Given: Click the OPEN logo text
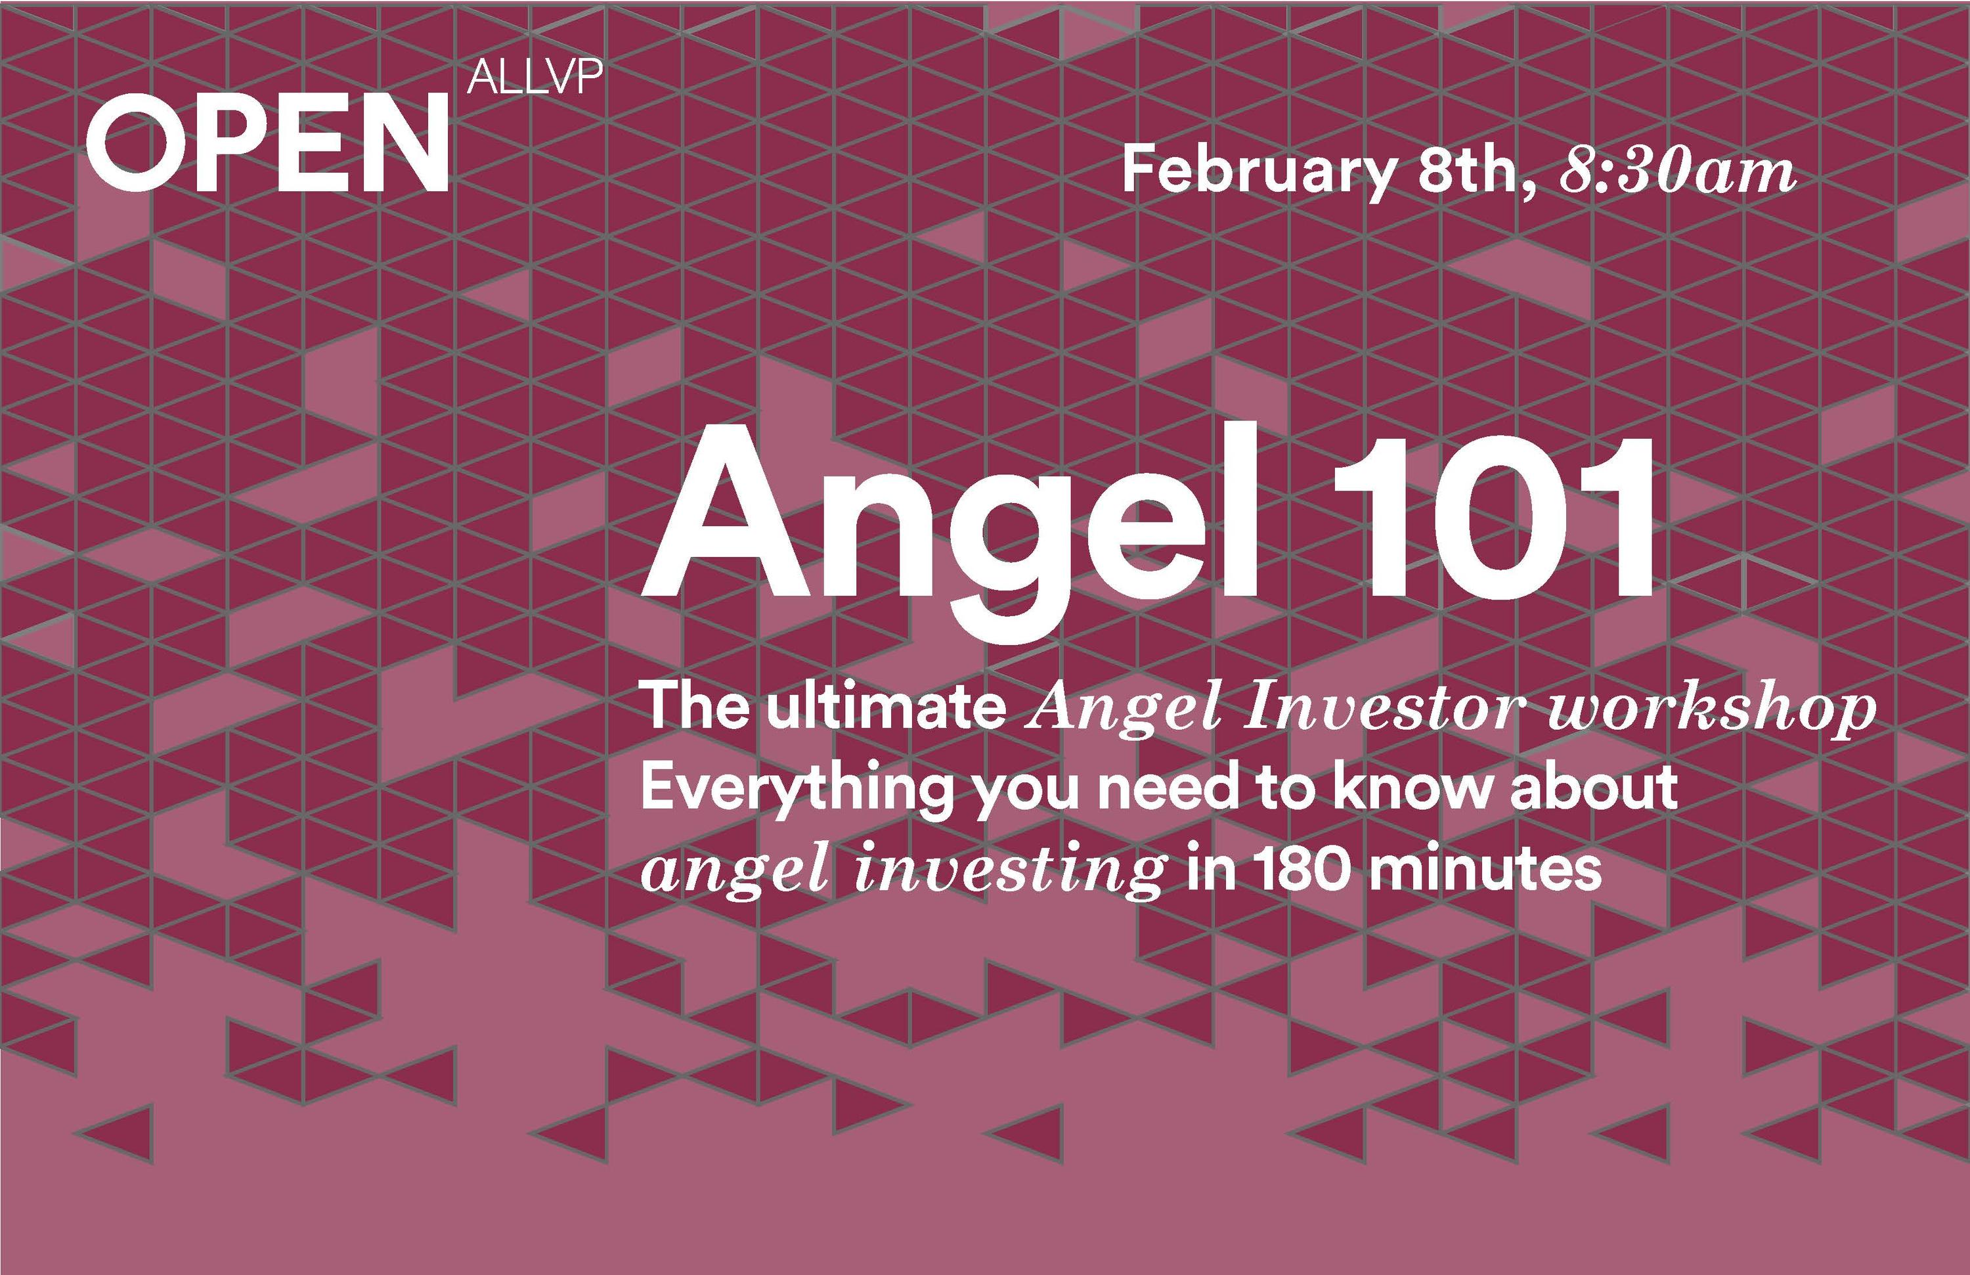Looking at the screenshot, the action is [267, 142].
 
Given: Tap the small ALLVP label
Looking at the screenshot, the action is [535, 77].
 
